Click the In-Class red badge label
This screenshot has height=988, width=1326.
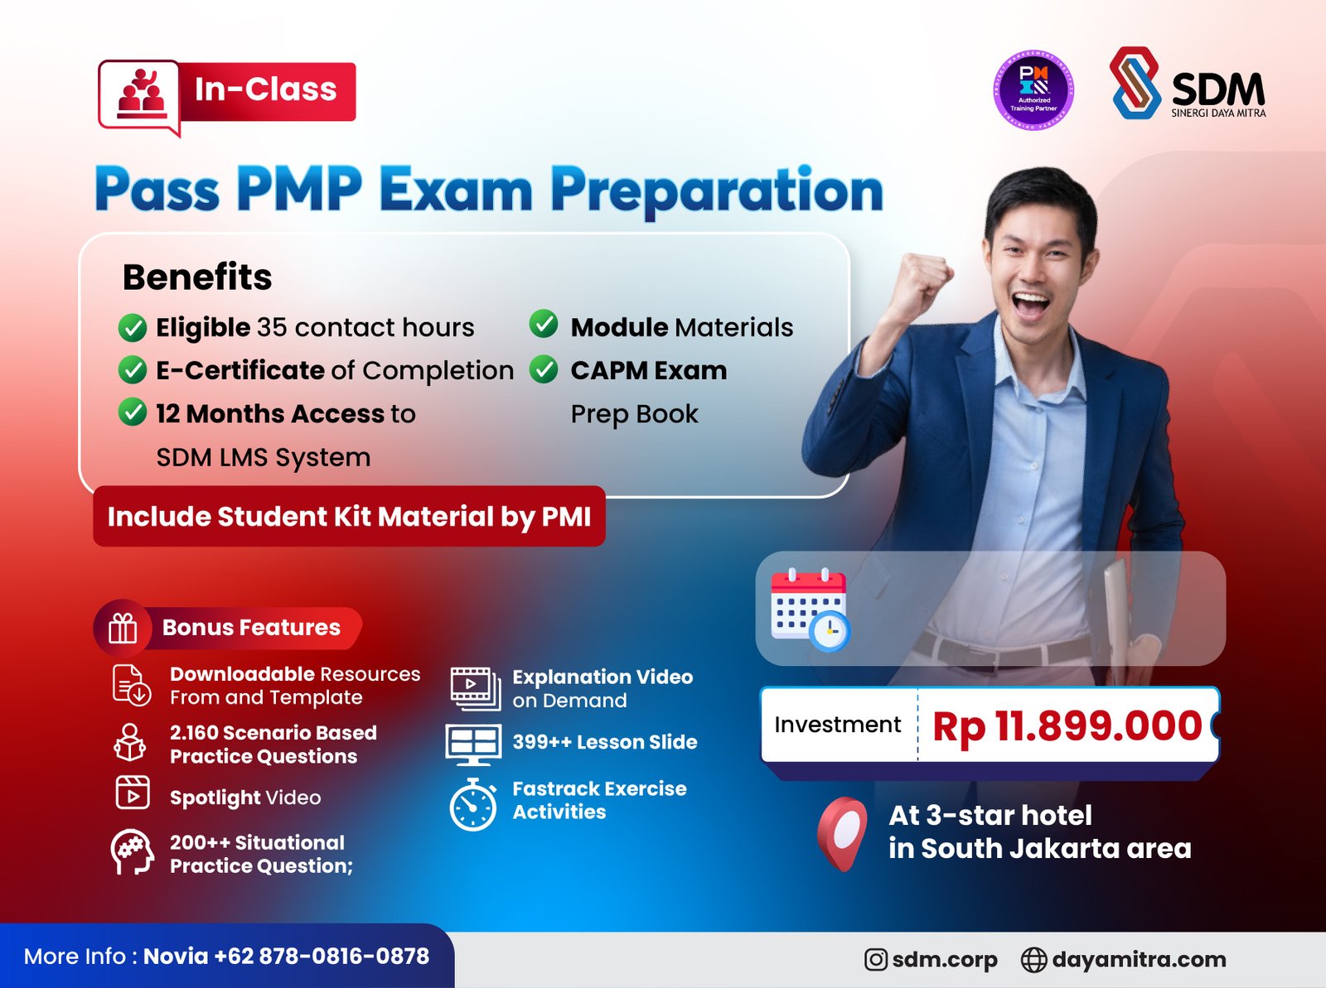[266, 90]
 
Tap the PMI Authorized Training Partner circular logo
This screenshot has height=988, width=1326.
[1033, 90]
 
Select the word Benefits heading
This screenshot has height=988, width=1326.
[197, 277]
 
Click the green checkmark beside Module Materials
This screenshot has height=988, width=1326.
[544, 325]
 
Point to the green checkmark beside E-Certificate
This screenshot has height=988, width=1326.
[133, 370]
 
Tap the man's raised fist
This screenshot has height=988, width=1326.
[923, 277]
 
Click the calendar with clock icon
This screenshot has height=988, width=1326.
[810, 609]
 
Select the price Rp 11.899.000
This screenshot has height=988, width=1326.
[1067, 726]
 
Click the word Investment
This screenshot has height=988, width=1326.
[837, 725]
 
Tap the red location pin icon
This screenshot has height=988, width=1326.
[843, 831]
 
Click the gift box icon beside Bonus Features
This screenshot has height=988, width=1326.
[123, 628]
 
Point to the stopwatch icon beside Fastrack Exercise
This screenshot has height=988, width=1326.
[473, 803]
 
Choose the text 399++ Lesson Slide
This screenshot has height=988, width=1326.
[604, 742]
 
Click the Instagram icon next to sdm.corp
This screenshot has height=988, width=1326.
[875, 959]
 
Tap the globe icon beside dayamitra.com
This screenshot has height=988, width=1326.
[1033, 959]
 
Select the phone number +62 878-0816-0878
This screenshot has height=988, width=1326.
[322, 957]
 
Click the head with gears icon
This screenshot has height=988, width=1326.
[133, 852]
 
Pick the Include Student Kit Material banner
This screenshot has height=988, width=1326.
[349, 517]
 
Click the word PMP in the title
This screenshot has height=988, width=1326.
[299, 190]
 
